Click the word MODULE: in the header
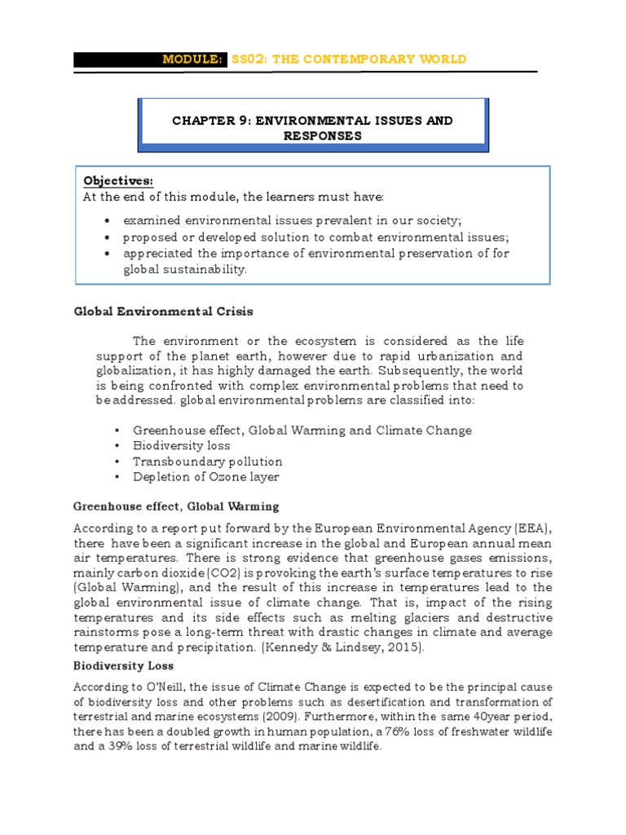pos(193,60)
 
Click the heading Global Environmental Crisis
pos(163,311)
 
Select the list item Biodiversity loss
pos(182,445)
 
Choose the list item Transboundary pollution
pos(208,461)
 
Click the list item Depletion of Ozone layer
pos(206,476)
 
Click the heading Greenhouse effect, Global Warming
pos(176,506)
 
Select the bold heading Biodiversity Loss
pos(121,665)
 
